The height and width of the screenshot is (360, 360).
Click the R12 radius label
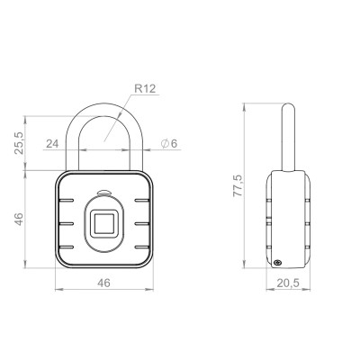pos(145,89)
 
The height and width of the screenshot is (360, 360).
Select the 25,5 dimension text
pos(19,143)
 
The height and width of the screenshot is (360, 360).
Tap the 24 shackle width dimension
pos(52,144)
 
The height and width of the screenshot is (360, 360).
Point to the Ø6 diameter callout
pos(169,144)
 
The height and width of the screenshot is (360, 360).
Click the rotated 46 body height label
pos(19,219)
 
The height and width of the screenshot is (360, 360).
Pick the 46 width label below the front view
pos(103,283)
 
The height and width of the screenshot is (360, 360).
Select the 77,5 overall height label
pos(238,185)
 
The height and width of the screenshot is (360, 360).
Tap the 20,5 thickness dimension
pos(288,283)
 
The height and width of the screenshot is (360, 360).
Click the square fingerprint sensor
pos(104,224)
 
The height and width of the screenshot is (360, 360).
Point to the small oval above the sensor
pos(104,193)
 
